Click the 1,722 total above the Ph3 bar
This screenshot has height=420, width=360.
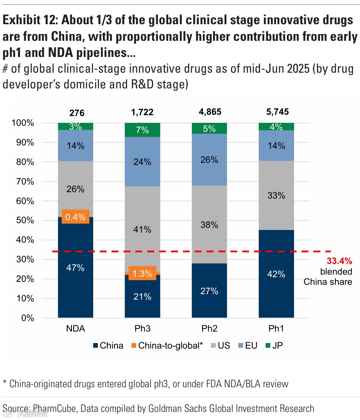142,113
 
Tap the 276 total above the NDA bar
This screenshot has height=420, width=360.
77,113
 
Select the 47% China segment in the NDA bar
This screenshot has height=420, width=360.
75,268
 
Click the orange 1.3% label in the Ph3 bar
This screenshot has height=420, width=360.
142,274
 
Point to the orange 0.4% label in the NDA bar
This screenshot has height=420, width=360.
75,217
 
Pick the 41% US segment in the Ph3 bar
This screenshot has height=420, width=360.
142,229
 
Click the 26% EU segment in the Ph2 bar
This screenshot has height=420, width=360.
209,160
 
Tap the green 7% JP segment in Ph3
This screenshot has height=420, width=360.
142,130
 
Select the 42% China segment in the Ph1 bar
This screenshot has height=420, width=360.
276,274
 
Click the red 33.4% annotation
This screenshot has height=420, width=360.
339,261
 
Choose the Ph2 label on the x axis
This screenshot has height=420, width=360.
209,329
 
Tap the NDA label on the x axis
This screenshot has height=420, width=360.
75,329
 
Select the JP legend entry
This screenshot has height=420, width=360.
274,345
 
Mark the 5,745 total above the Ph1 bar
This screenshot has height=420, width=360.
276,113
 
